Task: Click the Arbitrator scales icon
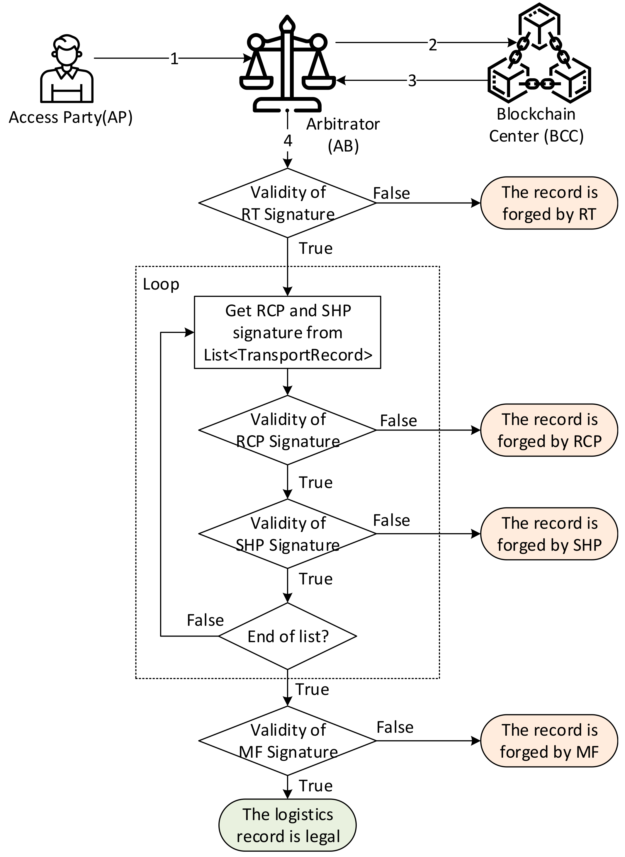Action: tap(288, 64)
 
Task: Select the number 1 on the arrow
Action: tap(174, 59)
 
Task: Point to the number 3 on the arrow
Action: tap(412, 81)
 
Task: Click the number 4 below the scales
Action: tap(288, 141)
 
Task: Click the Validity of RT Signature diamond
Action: tap(288, 203)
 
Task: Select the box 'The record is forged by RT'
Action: tap(549, 203)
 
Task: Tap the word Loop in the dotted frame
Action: tap(161, 284)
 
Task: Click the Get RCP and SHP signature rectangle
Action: tap(288, 332)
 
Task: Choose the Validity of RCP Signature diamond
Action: tap(288, 430)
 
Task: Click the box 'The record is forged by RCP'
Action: tap(549, 430)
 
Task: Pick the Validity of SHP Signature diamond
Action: tap(288, 534)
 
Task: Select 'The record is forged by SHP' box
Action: tap(549, 534)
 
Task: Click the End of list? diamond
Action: tap(288, 637)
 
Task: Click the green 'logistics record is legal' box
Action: tap(288, 825)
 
